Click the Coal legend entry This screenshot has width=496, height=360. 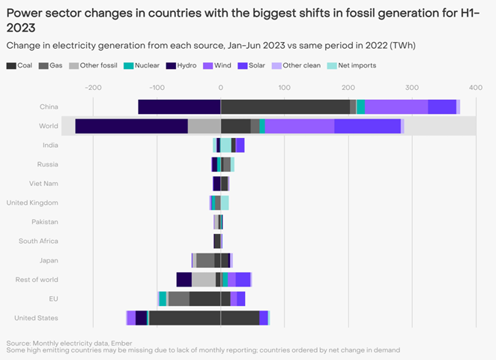21,66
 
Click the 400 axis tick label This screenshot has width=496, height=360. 476,88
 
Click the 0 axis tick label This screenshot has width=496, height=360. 220,88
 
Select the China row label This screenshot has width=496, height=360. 49,106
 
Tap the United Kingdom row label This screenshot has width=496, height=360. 32,202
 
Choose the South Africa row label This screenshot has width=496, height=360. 38,241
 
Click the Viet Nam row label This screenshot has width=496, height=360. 44,183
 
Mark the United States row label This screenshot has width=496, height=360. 37,318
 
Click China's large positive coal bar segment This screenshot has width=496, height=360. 285,106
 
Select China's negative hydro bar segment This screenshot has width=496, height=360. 179,106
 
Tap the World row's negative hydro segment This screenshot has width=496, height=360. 131,126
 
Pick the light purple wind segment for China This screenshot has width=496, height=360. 396,106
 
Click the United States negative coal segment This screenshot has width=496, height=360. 184,318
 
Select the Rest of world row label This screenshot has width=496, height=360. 37,280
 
